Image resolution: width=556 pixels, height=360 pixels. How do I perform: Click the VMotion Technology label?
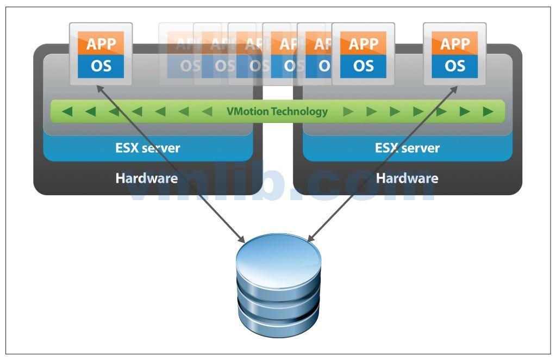point(277,111)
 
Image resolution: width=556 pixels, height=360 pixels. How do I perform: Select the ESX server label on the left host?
point(147,147)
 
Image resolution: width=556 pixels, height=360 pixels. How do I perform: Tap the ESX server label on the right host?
point(407,147)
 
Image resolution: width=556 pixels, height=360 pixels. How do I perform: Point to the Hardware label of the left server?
point(146,178)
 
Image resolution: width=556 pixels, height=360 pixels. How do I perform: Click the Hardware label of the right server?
point(407,178)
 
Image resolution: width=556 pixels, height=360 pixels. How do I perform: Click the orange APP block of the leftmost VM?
point(101,44)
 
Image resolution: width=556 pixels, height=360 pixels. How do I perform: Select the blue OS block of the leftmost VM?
point(101,66)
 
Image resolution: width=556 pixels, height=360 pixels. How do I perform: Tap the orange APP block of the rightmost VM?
point(455,44)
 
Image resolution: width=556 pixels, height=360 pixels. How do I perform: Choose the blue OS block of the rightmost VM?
point(455,66)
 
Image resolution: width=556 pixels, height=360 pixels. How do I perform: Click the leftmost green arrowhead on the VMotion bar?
point(67,112)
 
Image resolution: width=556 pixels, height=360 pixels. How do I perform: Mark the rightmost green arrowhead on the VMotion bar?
point(488,112)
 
